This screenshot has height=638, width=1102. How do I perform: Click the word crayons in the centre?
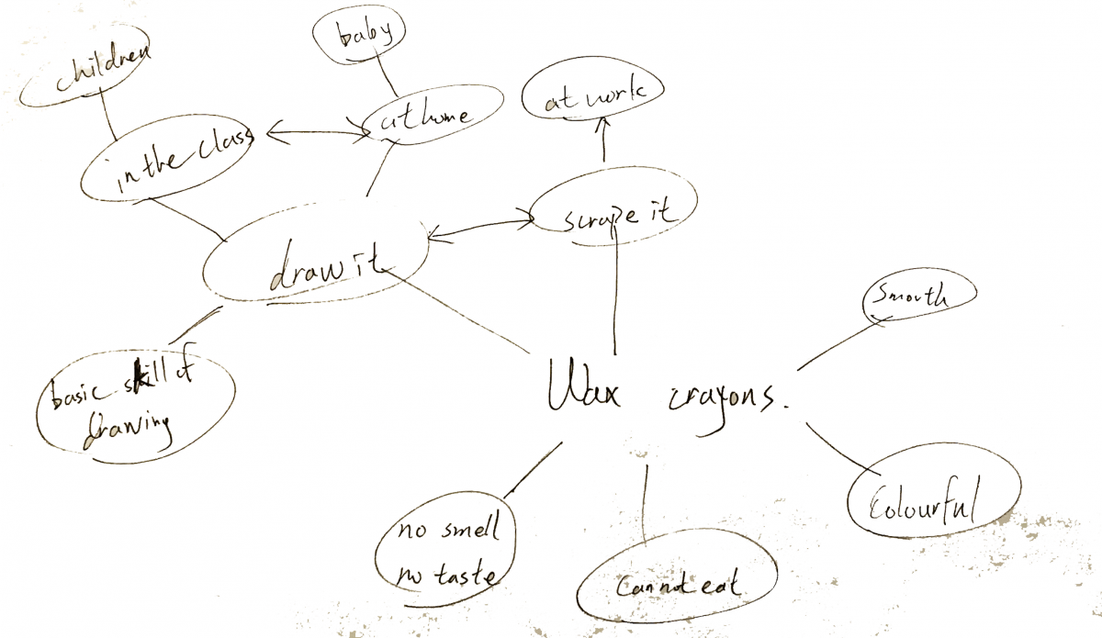pos(723,397)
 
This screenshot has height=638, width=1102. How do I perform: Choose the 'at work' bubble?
pos(591,95)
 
